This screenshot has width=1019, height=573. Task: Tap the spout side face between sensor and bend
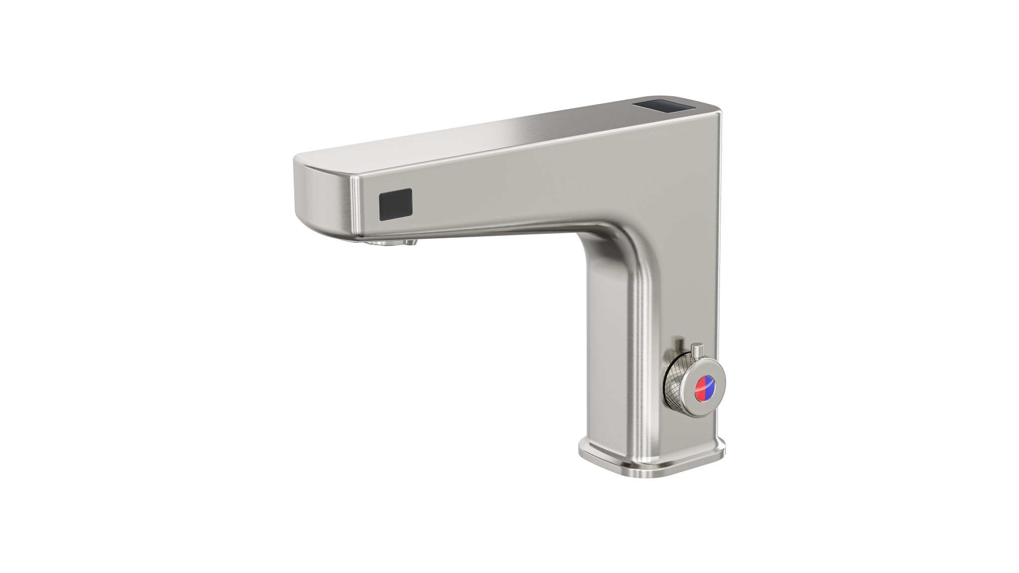[x=498, y=199]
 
